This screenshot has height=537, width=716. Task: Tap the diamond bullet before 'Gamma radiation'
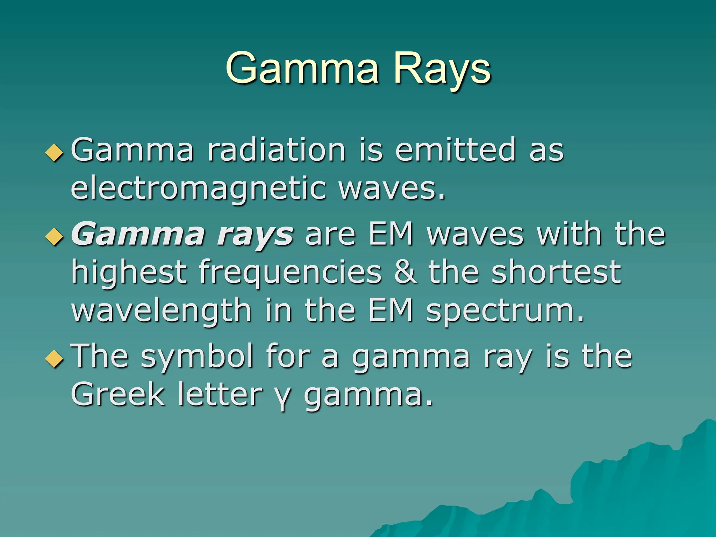[x=55, y=153]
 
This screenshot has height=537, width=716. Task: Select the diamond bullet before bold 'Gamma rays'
[x=55, y=237]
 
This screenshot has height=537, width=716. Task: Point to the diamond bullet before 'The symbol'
[x=55, y=359]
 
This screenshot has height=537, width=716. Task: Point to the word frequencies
[x=290, y=272]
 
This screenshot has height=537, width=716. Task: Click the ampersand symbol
[x=405, y=272]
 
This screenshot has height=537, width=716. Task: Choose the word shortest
[x=556, y=272]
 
